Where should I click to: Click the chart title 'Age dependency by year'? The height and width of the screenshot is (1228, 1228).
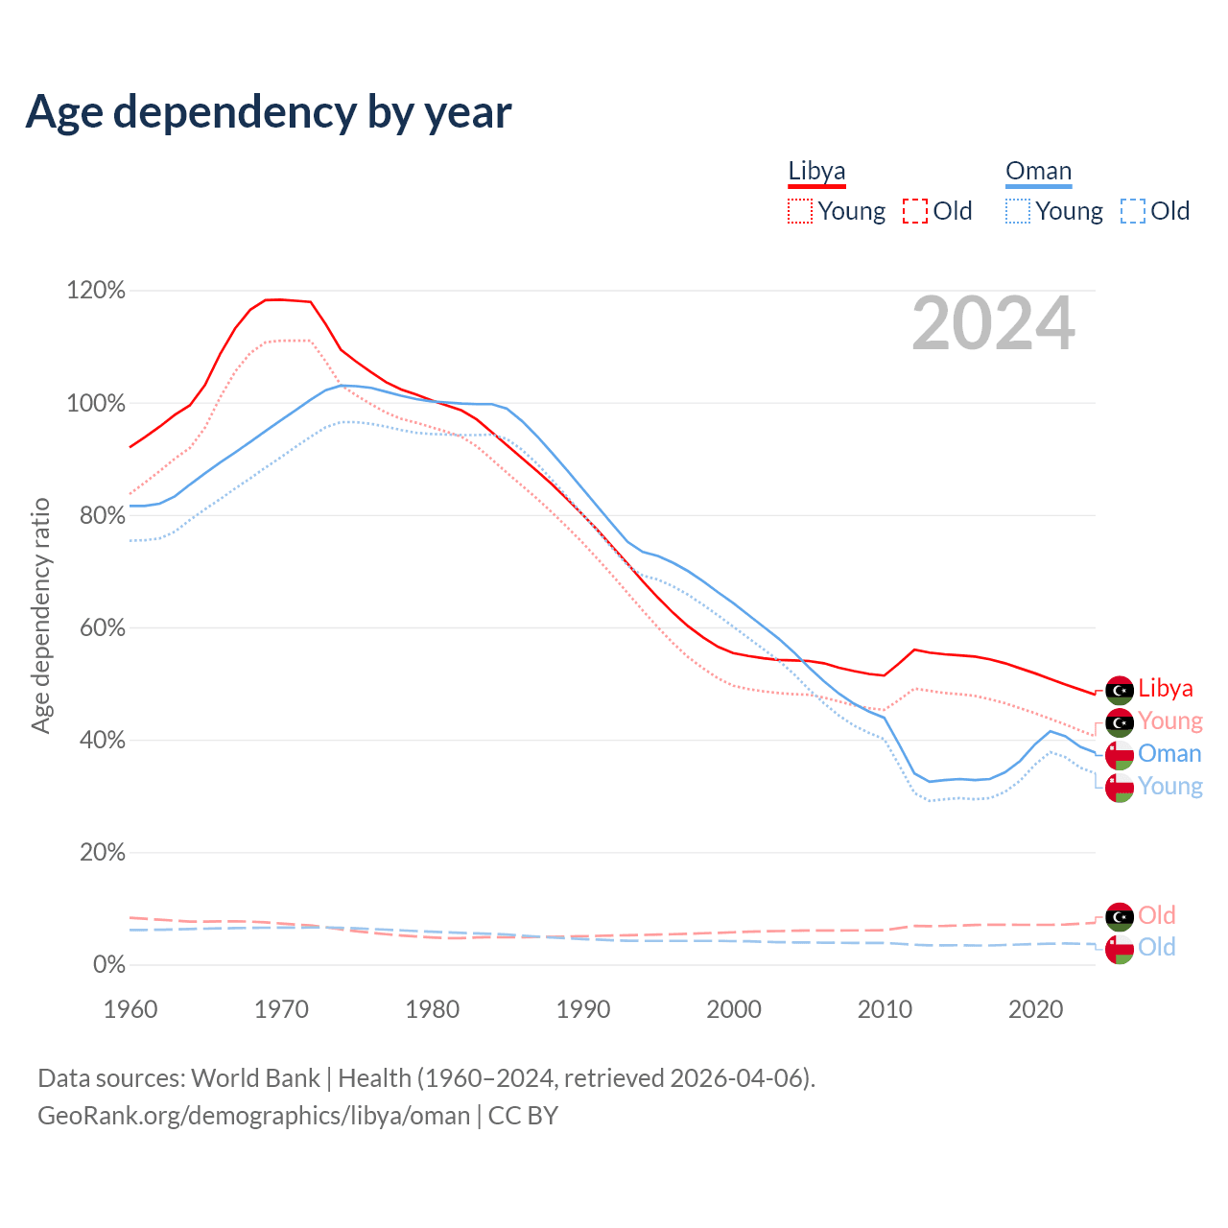[269, 112]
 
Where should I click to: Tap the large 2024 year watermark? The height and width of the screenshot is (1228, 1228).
[993, 324]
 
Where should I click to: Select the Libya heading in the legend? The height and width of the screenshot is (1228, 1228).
[816, 172]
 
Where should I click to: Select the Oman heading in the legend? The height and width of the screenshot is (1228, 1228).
[1038, 172]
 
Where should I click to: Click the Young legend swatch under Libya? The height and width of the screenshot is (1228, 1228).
[799, 211]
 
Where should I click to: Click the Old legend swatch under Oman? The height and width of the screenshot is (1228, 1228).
[1132, 211]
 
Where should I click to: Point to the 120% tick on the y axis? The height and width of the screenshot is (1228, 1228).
[96, 291]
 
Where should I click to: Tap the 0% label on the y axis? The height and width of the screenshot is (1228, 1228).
[108, 965]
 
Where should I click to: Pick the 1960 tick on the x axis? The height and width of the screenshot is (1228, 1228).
[130, 1009]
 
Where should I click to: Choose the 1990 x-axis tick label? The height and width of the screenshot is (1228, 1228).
[583, 1009]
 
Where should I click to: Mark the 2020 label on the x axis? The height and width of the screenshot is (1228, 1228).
[1036, 1009]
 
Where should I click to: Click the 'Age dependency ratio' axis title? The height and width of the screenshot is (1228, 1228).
[40, 615]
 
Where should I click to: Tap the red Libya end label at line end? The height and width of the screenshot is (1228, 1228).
[1166, 689]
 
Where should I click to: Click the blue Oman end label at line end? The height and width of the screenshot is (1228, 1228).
[1169, 754]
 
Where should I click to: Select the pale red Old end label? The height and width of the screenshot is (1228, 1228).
[1156, 915]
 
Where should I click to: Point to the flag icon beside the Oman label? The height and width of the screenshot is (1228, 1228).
[1120, 755]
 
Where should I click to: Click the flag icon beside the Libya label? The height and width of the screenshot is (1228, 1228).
[1120, 690]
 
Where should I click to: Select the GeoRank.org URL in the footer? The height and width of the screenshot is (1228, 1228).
[253, 1116]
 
